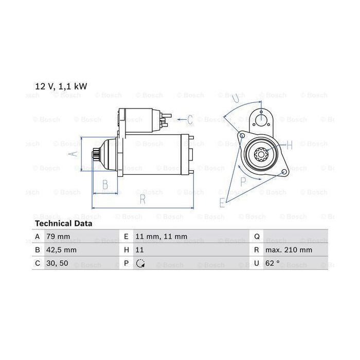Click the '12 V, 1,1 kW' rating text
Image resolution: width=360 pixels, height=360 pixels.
pos(61,86)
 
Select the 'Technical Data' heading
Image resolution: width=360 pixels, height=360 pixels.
pos(64,223)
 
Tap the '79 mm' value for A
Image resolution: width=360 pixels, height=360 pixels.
pos(58,236)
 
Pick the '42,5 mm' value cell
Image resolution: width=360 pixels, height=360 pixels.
pos(61,250)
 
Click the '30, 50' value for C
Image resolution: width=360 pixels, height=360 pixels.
pos(57,263)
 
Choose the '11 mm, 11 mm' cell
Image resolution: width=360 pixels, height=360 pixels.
pos(161,236)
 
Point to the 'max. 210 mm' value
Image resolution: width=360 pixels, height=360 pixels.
pos(289,250)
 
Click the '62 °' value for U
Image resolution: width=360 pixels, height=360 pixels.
pos(273,263)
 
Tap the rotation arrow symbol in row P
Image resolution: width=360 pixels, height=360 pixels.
pos(140,263)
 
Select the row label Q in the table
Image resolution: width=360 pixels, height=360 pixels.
pos(257,237)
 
